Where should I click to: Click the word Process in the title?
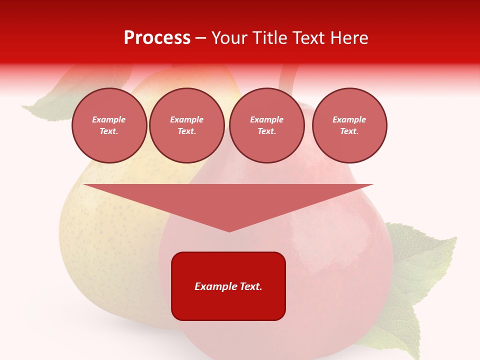coord(157,38)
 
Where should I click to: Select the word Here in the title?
coord(348,38)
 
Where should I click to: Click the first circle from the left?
coord(109,125)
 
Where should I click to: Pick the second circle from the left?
coord(187,125)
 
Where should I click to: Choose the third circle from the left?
coord(266,125)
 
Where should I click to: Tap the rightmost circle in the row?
coord(349,125)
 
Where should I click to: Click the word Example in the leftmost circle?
coord(109,120)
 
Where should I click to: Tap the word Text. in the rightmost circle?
coord(349,131)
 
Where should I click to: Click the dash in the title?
coord(200,38)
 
